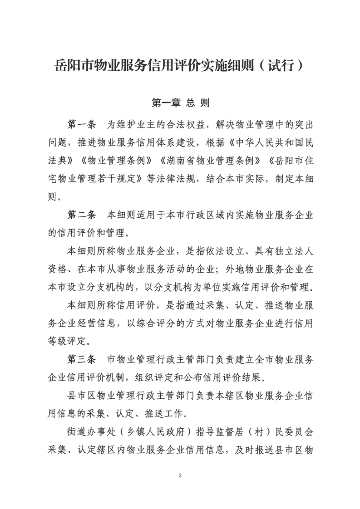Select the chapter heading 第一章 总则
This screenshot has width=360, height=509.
[x=180, y=103]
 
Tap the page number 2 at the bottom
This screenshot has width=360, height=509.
[x=180, y=476]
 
